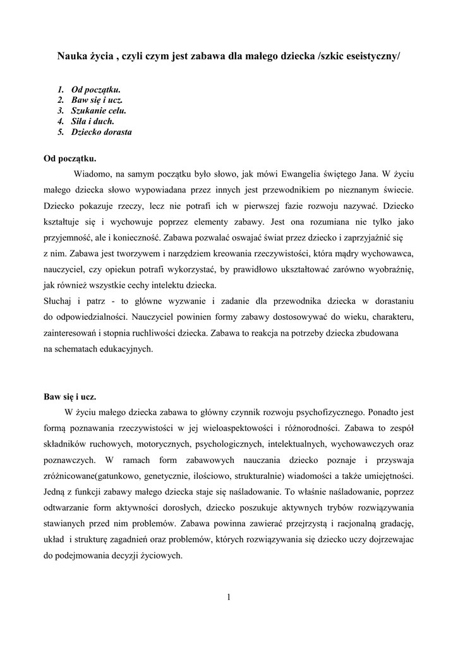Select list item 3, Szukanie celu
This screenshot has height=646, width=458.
click(99, 110)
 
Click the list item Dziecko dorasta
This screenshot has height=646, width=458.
click(101, 131)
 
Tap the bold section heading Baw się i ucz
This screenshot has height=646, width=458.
click(69, 397)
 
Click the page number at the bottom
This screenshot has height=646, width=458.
click(229, 598)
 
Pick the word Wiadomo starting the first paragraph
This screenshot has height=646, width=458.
click(92, 172)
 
